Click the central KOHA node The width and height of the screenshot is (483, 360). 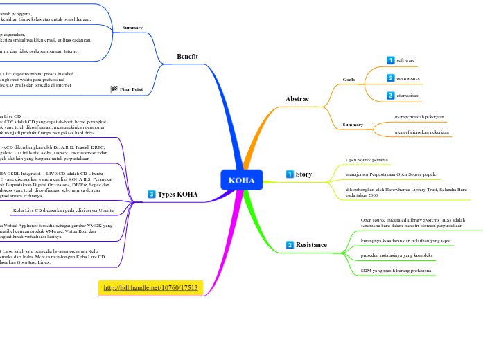[242, 180]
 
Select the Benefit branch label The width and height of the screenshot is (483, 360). [187, 56]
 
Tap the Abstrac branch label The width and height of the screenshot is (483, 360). [297, 99]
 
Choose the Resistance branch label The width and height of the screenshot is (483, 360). [311, 245]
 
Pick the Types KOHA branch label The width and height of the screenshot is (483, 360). [177, 195]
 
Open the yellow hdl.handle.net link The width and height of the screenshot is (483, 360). [150, 287]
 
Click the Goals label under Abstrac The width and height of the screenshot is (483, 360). [349, 80]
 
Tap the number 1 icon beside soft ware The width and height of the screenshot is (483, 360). [391, 61]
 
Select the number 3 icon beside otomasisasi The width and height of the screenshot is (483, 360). [391, 95]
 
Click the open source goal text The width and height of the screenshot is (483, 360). [408, 78]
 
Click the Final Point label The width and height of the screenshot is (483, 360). [131, 89]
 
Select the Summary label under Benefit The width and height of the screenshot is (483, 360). [132, 28]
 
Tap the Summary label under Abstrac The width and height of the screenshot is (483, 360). [353, 125]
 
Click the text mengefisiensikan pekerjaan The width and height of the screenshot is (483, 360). [421, 132]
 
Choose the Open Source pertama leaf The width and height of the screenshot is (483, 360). [367, 160]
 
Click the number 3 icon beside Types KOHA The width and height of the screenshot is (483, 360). [152, 195]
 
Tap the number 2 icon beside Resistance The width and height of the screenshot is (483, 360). [290, 245]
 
